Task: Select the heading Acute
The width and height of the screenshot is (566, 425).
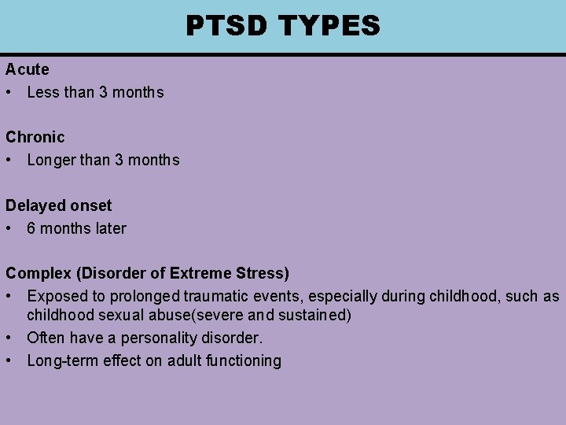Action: [x=28, y=69]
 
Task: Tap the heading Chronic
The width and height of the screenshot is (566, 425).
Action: [x=35, y=137]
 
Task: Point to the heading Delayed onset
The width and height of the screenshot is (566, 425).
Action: [x=59, y=205]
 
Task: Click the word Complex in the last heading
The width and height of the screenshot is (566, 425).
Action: [x=39, y=274]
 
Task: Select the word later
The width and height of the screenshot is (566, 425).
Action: [x=111, y=228]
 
